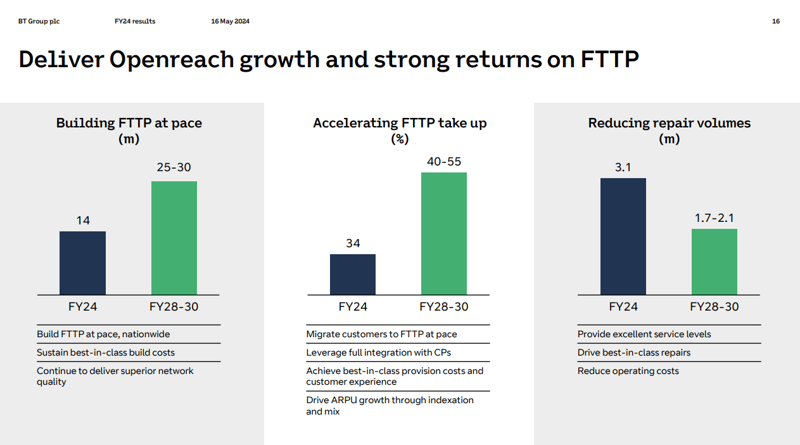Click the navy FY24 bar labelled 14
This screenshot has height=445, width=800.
(82, 262)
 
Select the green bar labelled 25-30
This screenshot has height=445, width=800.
(174, 238)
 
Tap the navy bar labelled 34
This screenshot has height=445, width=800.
(353, 274)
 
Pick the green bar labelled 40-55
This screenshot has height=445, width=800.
(444, 233)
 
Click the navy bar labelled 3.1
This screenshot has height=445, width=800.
(623, 236)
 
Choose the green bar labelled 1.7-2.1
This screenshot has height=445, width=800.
(714, 261)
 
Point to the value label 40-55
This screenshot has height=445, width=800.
(444, 162)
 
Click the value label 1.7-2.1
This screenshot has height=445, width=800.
(714, 218)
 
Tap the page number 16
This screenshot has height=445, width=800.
(776, 22)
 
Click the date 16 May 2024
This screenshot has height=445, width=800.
(230, 22)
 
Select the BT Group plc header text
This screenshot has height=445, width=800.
(39, 22)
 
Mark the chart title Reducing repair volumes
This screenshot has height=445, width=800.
(670, 123)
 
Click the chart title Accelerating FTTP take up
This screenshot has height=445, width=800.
(400, 123)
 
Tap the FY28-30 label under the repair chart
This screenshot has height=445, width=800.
(714, 307)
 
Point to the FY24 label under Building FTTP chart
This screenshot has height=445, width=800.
(82, 307)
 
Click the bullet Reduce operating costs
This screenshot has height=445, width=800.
(628, 371)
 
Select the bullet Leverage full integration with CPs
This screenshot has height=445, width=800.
(378, 352)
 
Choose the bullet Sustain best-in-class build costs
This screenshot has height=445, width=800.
(106, 352)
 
